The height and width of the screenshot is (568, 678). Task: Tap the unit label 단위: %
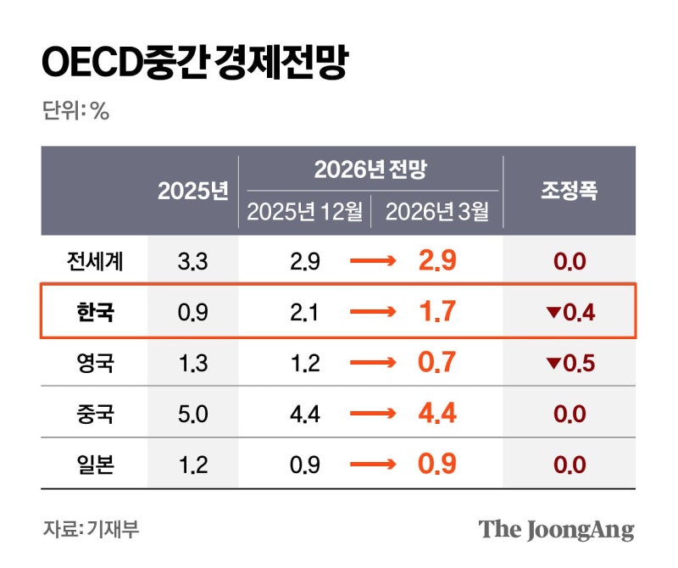[x=75, y=111]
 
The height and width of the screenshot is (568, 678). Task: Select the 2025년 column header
[x=193, y=191]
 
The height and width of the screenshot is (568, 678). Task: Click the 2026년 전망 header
[x=370, y=170]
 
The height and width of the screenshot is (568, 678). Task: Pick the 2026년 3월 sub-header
[x=437, y=212]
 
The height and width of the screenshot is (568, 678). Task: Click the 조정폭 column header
[x=570, y=190]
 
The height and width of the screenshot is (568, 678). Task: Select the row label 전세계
[x=94, y=261]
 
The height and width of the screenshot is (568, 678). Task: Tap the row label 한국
[x=94, y=312]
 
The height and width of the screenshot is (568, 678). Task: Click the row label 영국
[x=94, y=363]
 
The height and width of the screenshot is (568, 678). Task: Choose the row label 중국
[x=94, y=414]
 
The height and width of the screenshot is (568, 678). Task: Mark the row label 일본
[x=94, y=465]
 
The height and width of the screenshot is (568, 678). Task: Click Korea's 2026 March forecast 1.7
[x=437, y=311]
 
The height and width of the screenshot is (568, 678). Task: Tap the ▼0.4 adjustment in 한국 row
[x=570, y=313]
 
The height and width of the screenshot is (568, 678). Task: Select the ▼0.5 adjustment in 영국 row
[x=570, y=364]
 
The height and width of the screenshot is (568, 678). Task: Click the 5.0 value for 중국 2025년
[x=192, y=414]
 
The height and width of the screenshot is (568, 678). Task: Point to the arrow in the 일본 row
[x=372, y=465]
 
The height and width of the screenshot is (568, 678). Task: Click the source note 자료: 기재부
[x=91, y=530]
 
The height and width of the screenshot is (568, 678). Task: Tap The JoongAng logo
[x=556, y=530]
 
